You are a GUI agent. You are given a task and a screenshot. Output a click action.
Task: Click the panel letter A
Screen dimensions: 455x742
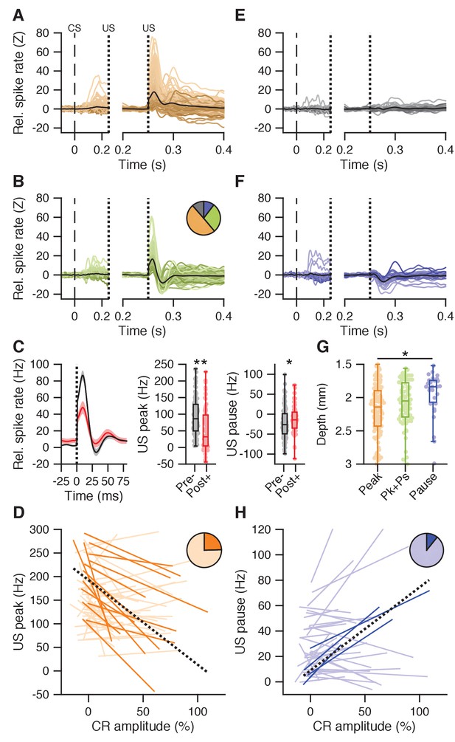pyautogui.click(x=18, y=16)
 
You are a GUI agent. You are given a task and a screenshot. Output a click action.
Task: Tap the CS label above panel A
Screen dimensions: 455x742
pyautogui.click(x=74, y=28)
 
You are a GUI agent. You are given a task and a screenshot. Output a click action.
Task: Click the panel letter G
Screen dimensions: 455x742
pyautogui.click(x=322, y=347)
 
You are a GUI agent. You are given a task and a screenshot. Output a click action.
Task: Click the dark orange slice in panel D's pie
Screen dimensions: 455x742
pyautogui.click(x=212, y=542)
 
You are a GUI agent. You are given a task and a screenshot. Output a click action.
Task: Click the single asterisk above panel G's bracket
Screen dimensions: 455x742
pyautogui.click(x=404, y=354)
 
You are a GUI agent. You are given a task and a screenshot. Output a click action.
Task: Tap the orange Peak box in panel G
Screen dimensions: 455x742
pyautogui.click(x=377, y=408)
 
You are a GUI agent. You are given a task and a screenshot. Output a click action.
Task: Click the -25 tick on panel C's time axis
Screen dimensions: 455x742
pyautogui.click(x=60, y=481)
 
